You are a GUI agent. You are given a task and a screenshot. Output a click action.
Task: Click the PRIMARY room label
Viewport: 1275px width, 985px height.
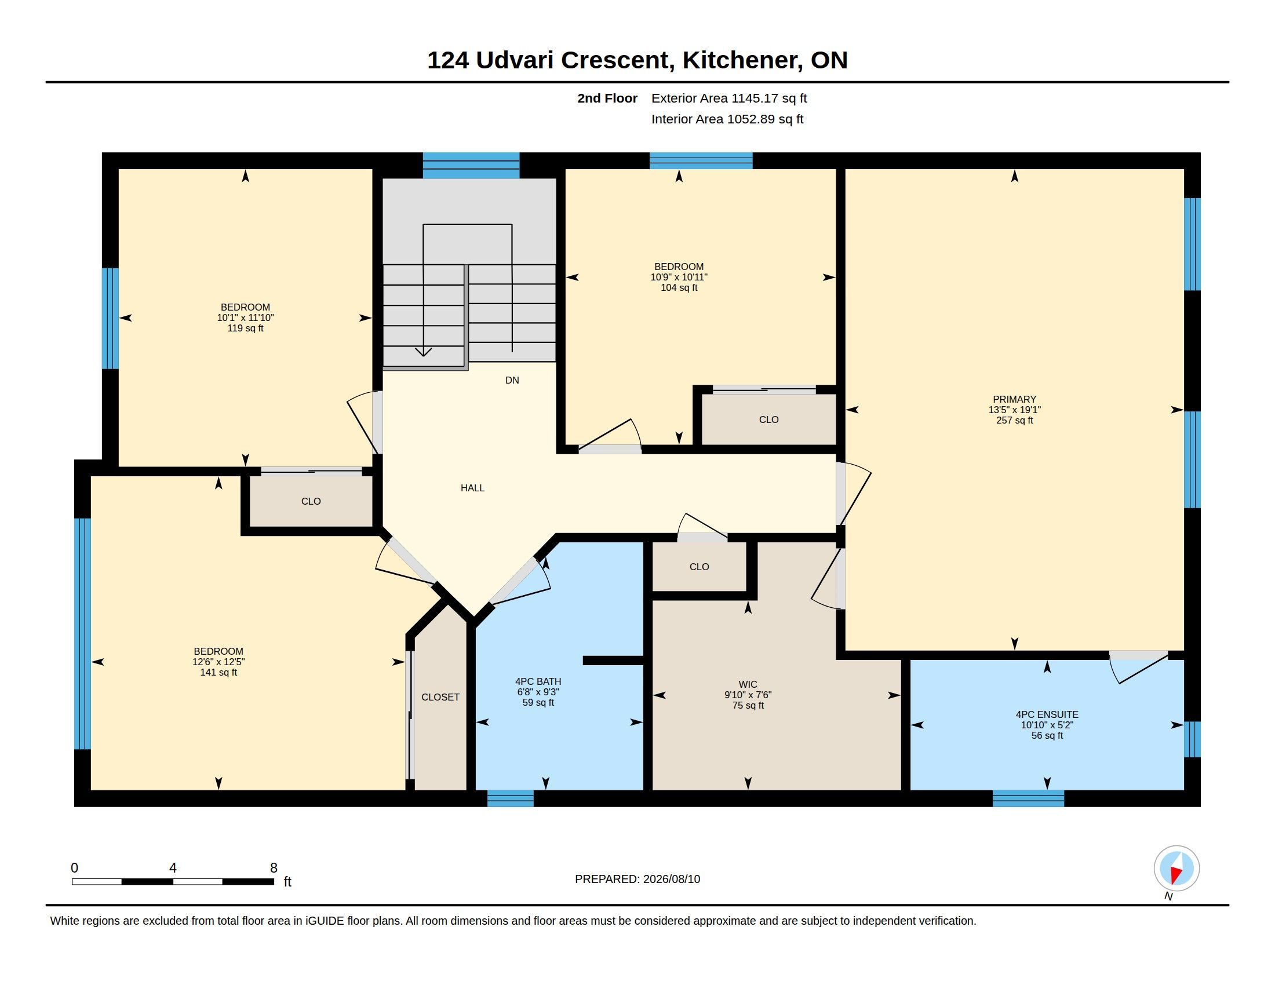pos(1014,399)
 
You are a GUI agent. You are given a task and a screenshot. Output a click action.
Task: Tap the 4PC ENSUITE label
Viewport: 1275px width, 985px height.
pos(1047,714)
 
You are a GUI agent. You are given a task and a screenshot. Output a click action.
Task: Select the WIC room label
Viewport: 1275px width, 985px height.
pos(748,684)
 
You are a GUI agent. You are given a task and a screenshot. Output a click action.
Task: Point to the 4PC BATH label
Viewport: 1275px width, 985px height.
pos(538,681)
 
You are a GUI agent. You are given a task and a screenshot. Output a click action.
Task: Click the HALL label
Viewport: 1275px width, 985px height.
pos(472,488)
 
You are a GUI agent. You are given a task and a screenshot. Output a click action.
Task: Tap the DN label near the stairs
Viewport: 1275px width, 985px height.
pos(512,381)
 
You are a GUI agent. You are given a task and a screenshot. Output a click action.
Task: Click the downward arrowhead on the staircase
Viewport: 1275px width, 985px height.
pos(423,351)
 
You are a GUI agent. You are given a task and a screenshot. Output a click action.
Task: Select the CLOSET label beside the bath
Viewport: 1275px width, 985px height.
pos(440,697)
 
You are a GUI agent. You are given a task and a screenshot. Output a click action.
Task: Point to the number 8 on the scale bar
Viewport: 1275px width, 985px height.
pos(274,868)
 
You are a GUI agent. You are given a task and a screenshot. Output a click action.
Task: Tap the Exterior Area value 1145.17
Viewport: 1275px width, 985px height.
pos(755,98)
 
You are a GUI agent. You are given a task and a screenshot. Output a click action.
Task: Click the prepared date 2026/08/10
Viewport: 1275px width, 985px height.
pos(671,879)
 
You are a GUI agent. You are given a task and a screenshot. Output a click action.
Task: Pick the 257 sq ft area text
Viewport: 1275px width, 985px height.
pos(1015,420)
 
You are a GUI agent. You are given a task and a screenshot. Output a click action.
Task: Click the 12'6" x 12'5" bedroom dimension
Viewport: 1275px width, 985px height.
pos(218,662)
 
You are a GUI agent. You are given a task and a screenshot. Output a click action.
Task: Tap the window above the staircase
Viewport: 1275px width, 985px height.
pos(471,165)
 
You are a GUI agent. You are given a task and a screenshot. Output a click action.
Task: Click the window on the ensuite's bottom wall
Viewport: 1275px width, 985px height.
pos(1028,798)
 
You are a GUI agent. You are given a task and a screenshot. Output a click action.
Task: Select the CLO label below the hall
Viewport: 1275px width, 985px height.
pos(699,567)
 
